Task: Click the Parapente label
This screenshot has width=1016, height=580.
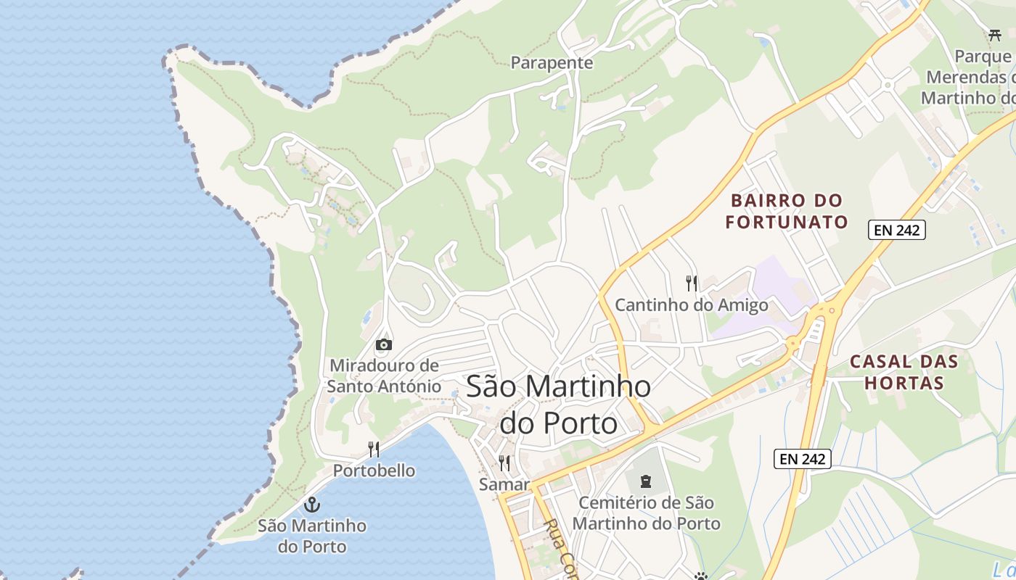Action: coord(552,63)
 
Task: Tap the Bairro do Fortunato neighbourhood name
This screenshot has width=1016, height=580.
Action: coord(787,211)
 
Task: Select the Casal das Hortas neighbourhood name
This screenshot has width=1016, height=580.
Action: coord(904,372)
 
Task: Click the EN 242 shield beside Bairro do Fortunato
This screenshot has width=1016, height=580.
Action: coord(896,231)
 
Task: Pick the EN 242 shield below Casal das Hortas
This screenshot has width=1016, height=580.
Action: coord(802,458)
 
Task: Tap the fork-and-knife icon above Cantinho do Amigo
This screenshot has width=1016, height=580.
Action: coord(691,283)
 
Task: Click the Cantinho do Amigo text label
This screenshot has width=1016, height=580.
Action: coord(691,305)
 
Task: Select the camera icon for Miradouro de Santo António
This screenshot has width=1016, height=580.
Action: coord(384,344)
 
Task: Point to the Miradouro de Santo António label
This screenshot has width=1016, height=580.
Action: coord(384,376)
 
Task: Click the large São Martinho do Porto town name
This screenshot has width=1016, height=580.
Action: coord(558,404)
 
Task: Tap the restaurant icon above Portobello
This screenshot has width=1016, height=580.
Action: coord(374,449)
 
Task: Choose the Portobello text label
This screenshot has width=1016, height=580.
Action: coord(374,471)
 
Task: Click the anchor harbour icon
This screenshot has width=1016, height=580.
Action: coord(312,504)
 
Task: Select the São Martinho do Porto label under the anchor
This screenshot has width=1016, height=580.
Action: coord(312,535)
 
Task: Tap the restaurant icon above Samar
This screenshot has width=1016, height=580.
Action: coord(504,463)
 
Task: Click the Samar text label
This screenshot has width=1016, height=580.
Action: coord(504,484)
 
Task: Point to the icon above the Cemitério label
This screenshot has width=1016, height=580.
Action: coord(645,481)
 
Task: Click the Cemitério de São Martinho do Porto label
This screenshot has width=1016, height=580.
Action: coord(646,513)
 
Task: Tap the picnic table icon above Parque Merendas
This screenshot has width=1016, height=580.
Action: coord(995,35)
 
